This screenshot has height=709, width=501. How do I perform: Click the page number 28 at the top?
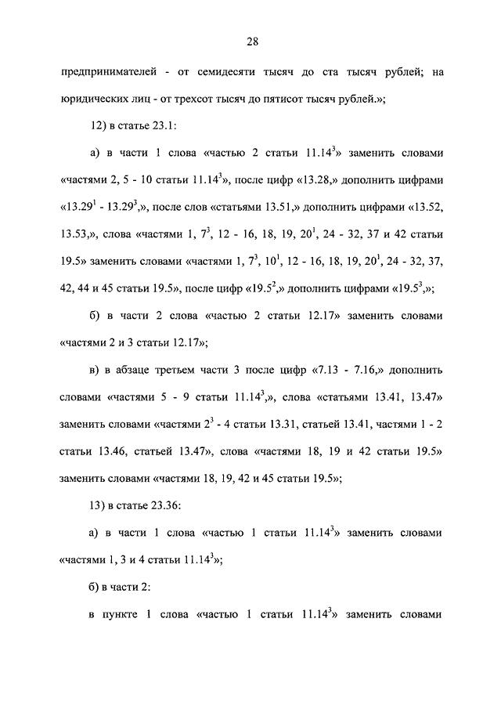(x=250, y=42)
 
